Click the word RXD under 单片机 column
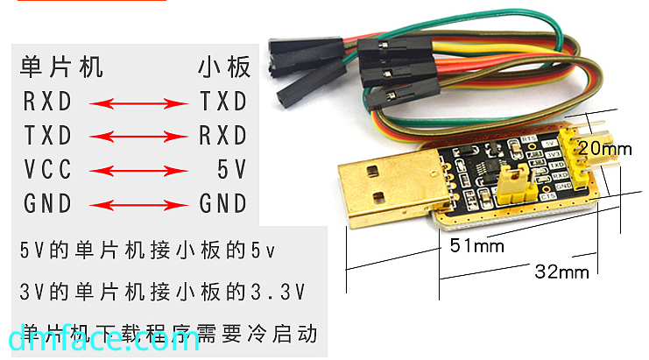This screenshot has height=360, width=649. coord(47,102)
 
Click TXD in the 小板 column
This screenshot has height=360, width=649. coord(223,102)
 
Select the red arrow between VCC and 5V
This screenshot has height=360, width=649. coord(140,171)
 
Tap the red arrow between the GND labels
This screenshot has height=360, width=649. coord(140,206)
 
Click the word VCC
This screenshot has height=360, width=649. coord(47,170)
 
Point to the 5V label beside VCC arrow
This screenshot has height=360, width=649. coord(233,170)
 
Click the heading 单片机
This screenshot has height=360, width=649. coord(62,67)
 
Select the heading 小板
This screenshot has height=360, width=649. coord(224,67)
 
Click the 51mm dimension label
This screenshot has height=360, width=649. coord(477,246)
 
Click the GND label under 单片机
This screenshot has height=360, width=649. coord(47,205)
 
